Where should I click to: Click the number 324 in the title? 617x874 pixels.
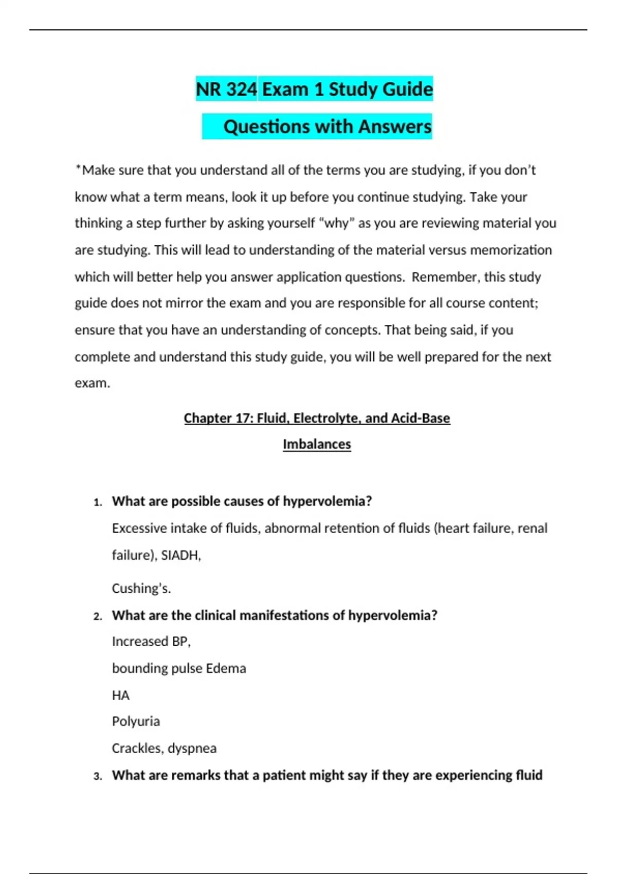(x=241, y=89)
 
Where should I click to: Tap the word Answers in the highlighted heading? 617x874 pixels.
(x=395, y=127)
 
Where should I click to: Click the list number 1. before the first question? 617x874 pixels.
(x=98, y=502)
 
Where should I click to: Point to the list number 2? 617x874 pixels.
(x=98, y=616)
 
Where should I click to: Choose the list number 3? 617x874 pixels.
(x=98, y=776)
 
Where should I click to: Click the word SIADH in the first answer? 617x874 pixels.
(x=180, y=555)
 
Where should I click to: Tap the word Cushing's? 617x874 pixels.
(x=141, y=588)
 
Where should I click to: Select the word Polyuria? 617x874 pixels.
(x=136, y=721)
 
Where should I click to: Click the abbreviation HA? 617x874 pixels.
(x=120, y=695)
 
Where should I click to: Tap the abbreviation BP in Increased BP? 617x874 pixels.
(x=180, y=642)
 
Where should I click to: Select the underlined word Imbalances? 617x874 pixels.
(x=317, y=444)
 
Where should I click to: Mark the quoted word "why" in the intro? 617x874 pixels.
(x=337, y=223)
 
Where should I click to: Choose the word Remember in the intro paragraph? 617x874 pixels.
(x=444, y=277)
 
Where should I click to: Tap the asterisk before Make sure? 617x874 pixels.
(x=78, y=168)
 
